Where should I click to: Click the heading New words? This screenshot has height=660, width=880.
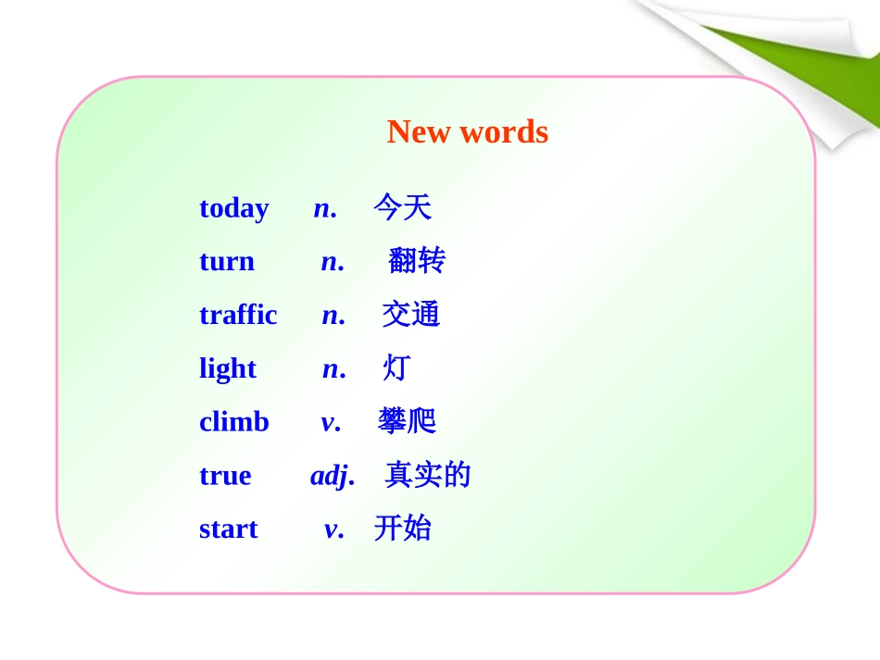click(x=467, y=132)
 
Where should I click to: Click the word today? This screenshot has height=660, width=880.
click(x=233, y=208)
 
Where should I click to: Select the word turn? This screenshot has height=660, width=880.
click(x=226, y=262)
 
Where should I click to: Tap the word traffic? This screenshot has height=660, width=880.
click(x=238, y=315)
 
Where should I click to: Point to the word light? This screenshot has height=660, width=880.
click(x=227, y=368)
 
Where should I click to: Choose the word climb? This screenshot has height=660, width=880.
click(x=233, y=422)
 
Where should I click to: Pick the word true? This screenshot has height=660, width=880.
click(x=225, y=476)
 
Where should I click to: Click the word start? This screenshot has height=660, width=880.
click(x=228, y=529)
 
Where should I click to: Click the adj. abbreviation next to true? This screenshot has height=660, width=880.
click(x=332, y=476)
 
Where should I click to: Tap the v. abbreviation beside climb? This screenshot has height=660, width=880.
click(x=331, y=422)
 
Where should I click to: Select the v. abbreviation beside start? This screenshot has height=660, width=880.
click(x=333, y=529)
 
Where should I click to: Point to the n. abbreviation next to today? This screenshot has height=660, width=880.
click(x=325, y=208)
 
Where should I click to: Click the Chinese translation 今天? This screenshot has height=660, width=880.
click(x=402, y=207)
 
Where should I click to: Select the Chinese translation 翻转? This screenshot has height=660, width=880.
click(x=416, y=261)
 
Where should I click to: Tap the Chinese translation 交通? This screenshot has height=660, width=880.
click(x=410, y=315)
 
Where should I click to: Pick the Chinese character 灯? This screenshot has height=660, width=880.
click(x=396, y=368)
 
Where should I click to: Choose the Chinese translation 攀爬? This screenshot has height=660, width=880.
click(x=407, y=421)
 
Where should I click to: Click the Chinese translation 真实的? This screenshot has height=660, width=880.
click(x=427, y=475)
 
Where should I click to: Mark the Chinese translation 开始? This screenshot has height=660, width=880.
click(x=402, y=529)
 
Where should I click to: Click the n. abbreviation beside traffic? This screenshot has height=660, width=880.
click(x=333, y=315)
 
